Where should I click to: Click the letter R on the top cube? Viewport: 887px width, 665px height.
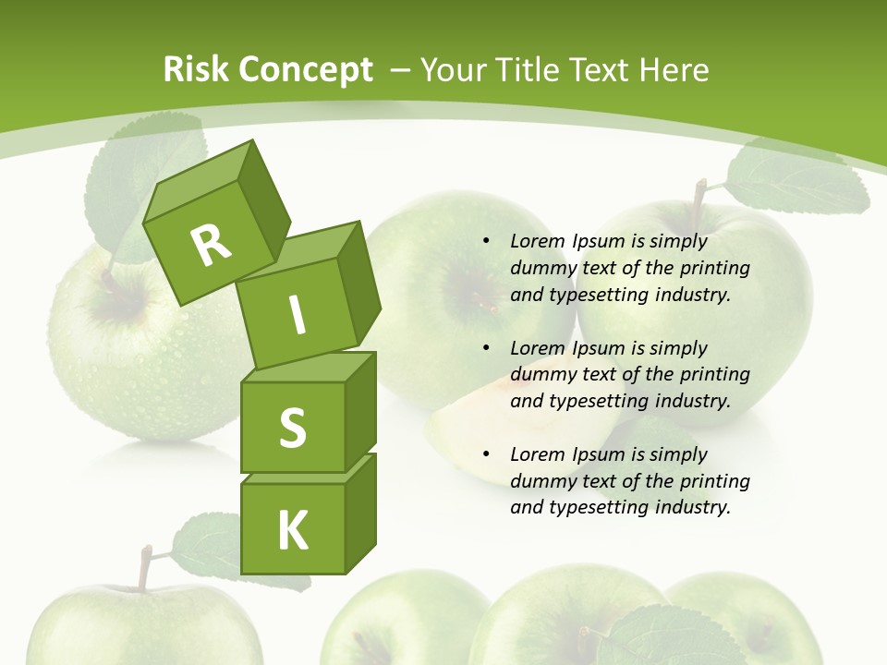(211, 246)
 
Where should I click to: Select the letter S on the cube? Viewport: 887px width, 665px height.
(292, 428)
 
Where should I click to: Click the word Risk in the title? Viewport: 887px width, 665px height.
(196, 69)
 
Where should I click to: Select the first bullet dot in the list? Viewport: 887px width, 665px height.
(486, 242)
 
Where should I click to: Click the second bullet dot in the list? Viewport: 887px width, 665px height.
(486, 348)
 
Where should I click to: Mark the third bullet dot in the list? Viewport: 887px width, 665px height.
(486, 454)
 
